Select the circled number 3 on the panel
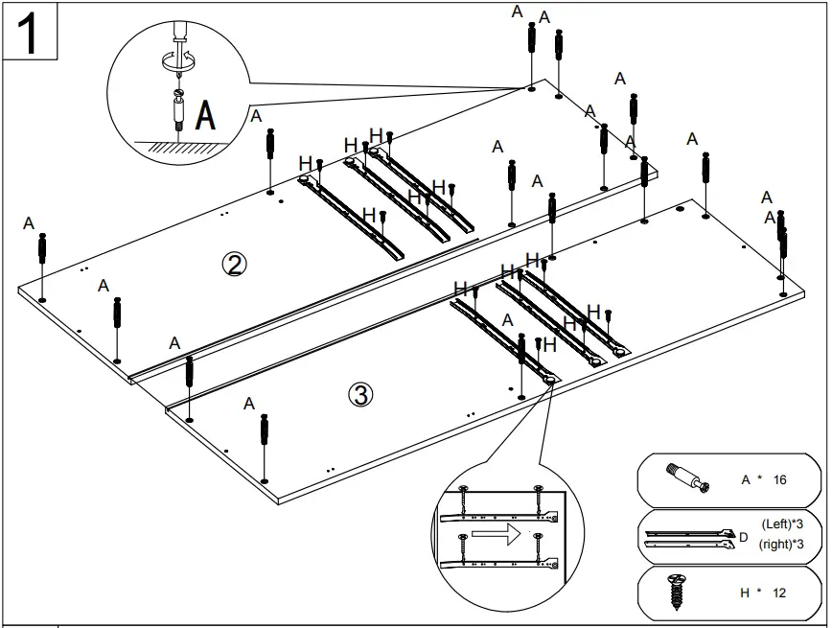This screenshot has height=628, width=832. [x=359, y=394]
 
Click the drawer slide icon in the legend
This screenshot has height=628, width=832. [x=688, y=537]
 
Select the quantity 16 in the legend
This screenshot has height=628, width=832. [x=779, y=479]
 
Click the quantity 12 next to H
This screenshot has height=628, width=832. [x=778, y=593]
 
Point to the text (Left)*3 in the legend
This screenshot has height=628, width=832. [x=790, y=524]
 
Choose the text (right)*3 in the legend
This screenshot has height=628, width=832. [x=789, y=545]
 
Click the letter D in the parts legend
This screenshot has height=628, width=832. [x=743, y=538]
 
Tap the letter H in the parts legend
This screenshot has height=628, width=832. [x=745, y=593]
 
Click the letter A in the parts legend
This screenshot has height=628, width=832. [x=746, y=479]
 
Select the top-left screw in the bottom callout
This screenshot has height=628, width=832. [x=465, y=491]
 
